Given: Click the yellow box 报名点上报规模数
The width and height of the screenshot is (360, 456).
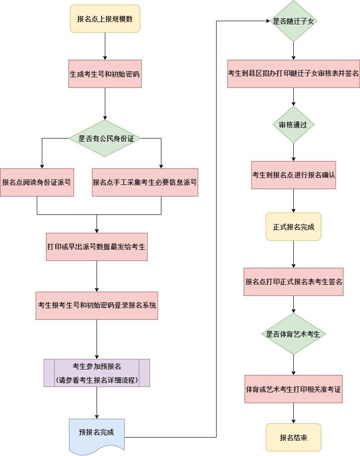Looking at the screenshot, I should pos(105,19).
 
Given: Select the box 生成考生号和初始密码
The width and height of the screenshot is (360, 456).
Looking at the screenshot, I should pos(105,74).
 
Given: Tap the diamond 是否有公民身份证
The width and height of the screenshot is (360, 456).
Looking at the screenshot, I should pos(105,138).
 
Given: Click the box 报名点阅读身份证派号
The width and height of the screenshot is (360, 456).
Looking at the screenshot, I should pos(37,182).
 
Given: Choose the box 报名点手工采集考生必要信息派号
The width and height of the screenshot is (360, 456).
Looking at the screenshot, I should pos(145,182).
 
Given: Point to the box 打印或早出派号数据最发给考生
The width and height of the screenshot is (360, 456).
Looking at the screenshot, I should pos(97,247).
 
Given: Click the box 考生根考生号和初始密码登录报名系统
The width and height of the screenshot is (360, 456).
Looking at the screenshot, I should pos(97,306).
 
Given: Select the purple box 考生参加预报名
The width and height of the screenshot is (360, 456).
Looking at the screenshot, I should pos(97,373).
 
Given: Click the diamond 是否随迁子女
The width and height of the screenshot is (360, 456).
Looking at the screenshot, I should pos(294,21).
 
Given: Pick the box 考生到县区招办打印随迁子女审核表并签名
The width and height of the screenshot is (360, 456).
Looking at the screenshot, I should pos(293,74).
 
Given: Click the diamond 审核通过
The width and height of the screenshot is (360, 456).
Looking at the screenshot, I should pos(293,125).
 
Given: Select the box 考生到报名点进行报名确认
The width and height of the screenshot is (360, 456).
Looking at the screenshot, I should pos(293,175).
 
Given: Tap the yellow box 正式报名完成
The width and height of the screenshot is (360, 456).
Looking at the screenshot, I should pos(293,226).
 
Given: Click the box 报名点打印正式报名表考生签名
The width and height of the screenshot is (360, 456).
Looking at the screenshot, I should pos(293,281).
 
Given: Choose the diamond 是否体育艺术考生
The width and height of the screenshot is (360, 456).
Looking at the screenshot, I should pos(293,334).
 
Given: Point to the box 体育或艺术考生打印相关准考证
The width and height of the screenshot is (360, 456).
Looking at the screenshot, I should pos(293,389).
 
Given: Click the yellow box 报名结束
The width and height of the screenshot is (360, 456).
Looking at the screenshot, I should pos(293,437).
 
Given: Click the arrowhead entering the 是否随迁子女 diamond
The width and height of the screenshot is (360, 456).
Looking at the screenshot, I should pos(268,21).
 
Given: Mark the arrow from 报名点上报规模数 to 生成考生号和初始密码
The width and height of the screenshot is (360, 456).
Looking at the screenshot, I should pos(105,46).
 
